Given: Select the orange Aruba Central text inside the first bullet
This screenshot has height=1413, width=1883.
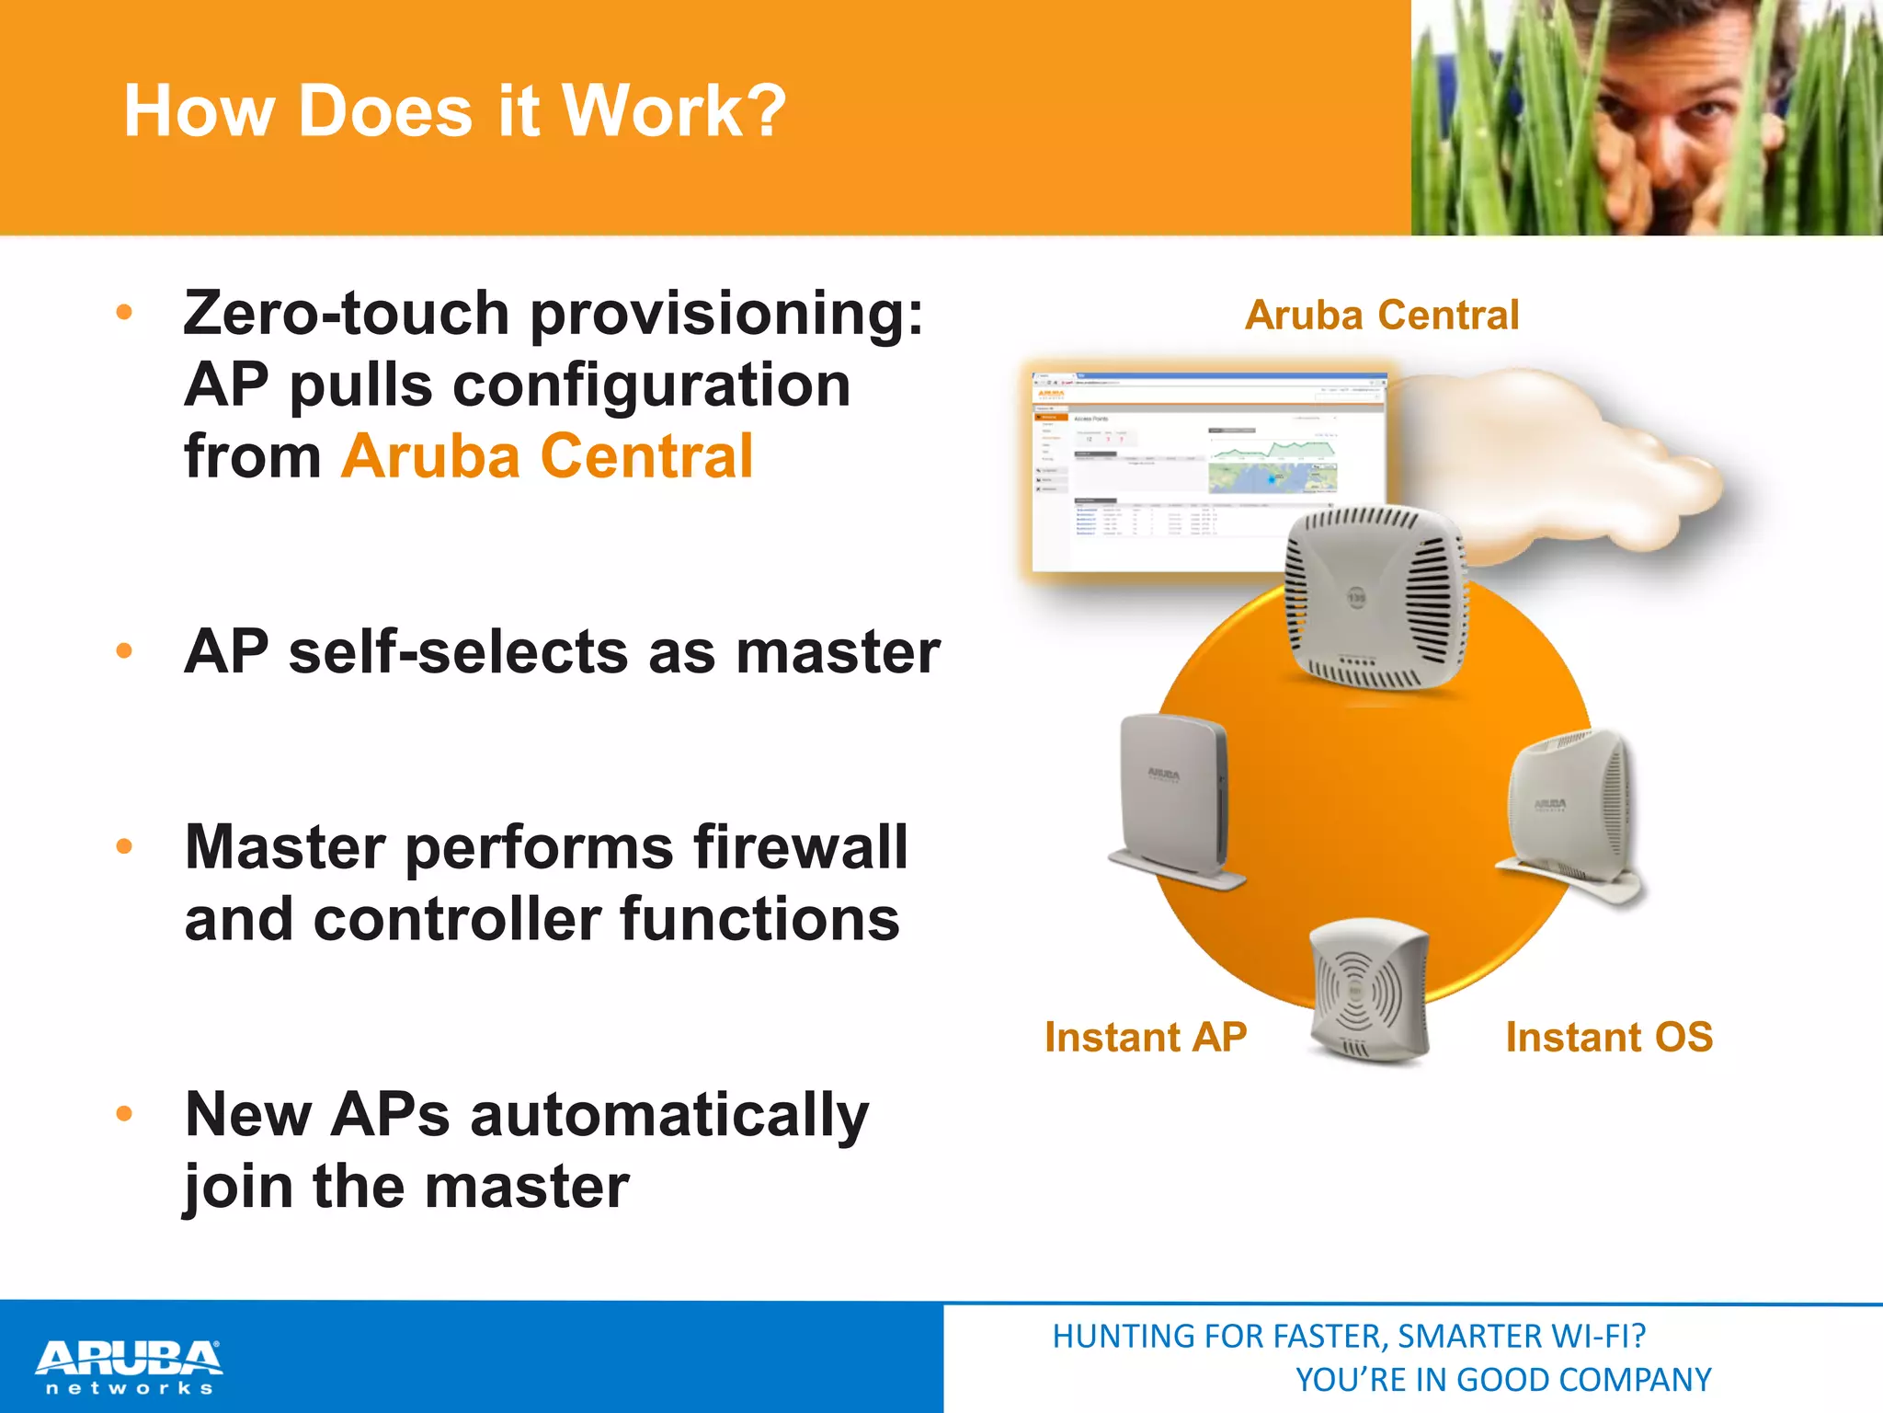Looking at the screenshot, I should pyautogui.click(x=547, y=456).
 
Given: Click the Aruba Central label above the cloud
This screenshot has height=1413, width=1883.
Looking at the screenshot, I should pyautogui.click(x=1381, y=316).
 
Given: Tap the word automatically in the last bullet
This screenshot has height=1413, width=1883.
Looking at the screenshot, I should pyautogui.click(x=668, y=1115).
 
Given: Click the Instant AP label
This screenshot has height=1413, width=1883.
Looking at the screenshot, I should pyautogui.click(x=1146, y=1038).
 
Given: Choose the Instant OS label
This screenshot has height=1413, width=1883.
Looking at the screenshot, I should pyautogui.click(x=1608, y=1038).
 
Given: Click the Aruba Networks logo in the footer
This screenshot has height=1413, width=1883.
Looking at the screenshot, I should pyautogui.click(x=129, y=1365).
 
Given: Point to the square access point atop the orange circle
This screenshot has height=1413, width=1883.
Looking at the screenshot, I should pyautogui.click(x=1375, y=598).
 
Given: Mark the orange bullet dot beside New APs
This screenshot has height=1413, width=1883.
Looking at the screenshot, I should pyautogui.click(x=125, y=1114).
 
